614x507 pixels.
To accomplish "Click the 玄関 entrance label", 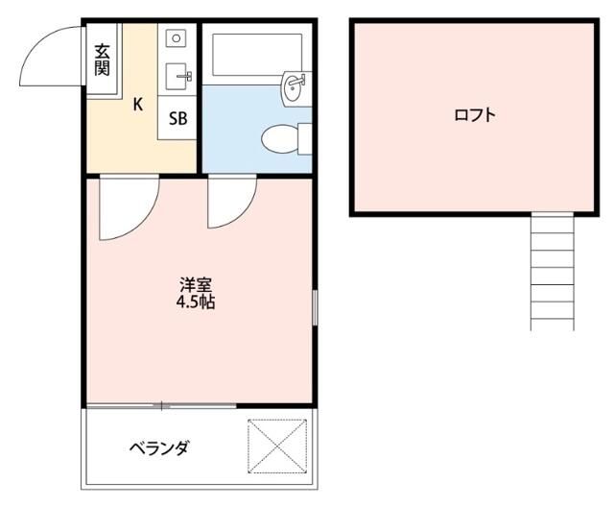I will tap(102, 60).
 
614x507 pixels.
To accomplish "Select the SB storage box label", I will tap(178, 119).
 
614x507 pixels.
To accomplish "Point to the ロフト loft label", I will tap(475, 115).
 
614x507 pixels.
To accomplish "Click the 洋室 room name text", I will tap(196, 285).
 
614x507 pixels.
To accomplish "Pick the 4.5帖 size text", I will tap(196, 302).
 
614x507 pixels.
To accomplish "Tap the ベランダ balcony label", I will tap(160, 448).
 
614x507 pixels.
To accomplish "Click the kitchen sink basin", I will tap(176, 75).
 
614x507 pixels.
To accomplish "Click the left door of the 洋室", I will tap(125, 206).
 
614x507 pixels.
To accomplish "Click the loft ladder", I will tap(553, 270).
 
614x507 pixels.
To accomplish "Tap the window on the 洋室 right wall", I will tap(315, 307).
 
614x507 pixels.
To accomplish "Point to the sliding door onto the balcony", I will tap(163, 405).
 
